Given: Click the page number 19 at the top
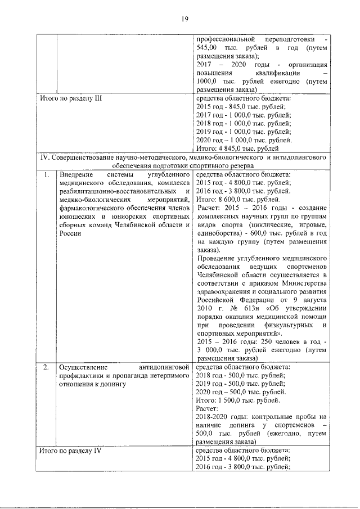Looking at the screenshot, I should (183, 20).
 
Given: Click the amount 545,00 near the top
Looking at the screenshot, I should (209, 48).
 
